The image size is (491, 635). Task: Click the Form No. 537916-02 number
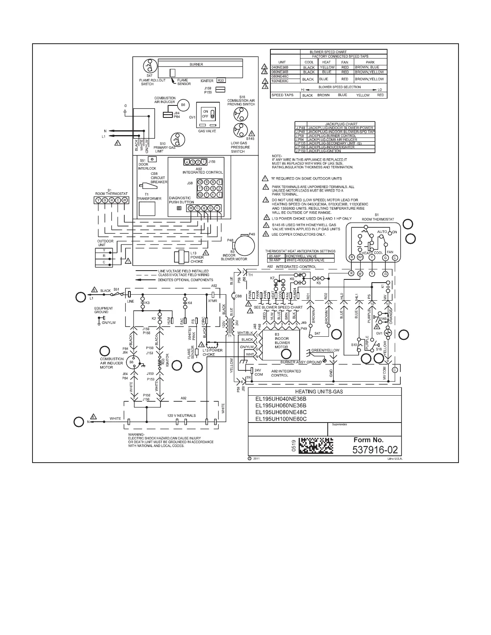pyautogui.click(x=375, y=450)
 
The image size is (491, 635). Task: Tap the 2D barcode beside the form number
pyautogui.click(x=317, y=445)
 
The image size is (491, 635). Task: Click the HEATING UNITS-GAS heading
pyautogui.click(x=325, y=392)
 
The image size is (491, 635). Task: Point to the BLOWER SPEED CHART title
pyautogui.click(x=328, y=52)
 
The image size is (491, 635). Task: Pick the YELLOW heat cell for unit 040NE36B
pyautogui.click(x=327, y=67)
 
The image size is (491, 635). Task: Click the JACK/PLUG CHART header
pyautogui.click(x=341, y=124)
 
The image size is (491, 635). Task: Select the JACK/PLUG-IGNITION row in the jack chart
pyautogui.click(x=324, y=151)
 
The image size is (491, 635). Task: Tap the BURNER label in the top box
pyautogui.click(x=196, y=64)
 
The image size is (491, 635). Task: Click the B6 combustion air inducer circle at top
pyautogui.click(x=183, y=105)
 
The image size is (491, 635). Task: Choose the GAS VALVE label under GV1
pyautogui.click(x=207, y=131)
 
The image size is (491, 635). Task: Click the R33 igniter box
pyautogui.click(x=221, y=81)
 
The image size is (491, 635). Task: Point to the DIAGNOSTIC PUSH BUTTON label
pyautogui.click(x=181, y=200)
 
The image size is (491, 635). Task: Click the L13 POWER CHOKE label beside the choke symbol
pyautogui.click(x=197, y=257)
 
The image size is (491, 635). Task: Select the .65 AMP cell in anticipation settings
pyautogui.click(x=275, y=256)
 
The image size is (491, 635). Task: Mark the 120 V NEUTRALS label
pyautogui.click(x=181, y=416)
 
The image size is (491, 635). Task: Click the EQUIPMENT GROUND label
pyautogui.click(x=103, y=310)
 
